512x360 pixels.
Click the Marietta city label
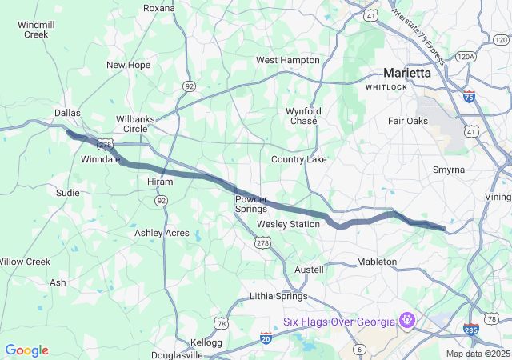tap(406, 72)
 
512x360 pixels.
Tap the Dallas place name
tap(67, 113)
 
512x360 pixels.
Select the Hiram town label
tap(137, 182)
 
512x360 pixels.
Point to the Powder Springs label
tap(251, 203)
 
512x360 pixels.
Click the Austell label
tap(310, 270)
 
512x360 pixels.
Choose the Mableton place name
tap(376, 262)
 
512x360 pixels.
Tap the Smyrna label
tap(448, 170)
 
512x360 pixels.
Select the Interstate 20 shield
tap(266, 339)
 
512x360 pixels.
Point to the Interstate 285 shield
tap(471, 330)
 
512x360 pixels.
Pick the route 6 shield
tap(360, 349)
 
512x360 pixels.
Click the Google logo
tap(26, 350)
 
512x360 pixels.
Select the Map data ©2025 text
tap(477, 354)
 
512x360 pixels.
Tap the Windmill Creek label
tap(36, 30)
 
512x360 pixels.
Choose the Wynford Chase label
tap(303, 116)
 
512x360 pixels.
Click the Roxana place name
tap(158, 8)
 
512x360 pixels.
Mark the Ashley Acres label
tap(162, 233)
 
